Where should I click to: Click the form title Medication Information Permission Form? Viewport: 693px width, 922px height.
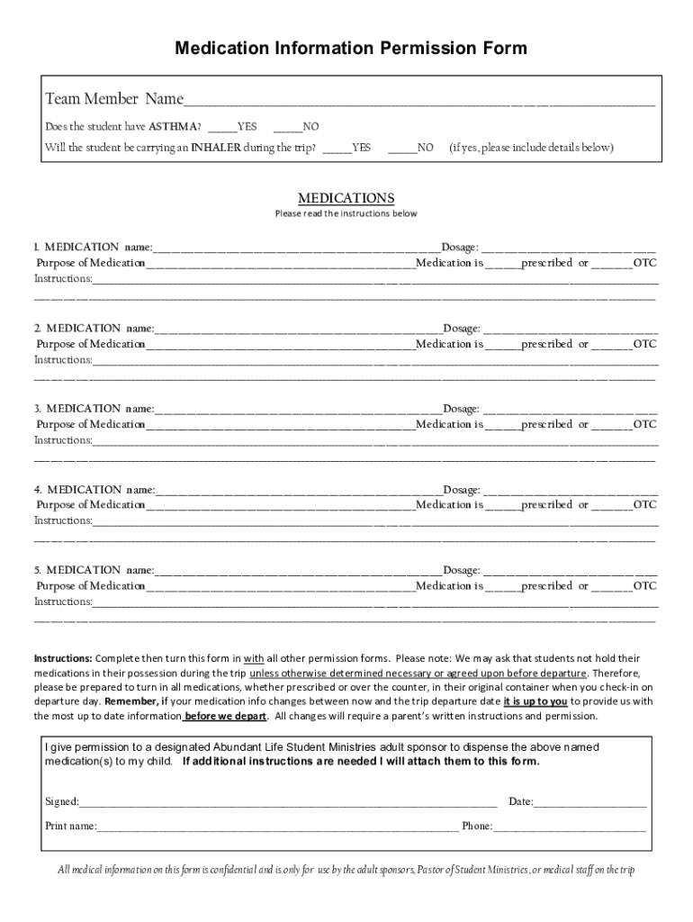pyautogui.click(x=350, y=48)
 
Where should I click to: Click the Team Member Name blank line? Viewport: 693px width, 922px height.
pyautogui.click(x=418, y=101)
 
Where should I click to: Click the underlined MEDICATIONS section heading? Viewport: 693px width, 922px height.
pyautogui.click(x=346, y=198)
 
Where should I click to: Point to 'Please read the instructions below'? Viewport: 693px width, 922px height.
pyautogui.click(x=346, y=214)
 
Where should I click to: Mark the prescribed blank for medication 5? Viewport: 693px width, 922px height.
pyautogui.click(x=505, y=587)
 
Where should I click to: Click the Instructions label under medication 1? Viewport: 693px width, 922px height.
pyautogui.click(x=63, y=279)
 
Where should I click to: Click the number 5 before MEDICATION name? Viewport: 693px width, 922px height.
pyautogui.click(x=38, y=570)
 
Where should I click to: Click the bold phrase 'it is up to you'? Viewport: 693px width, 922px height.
pyautogui.click(x=535, y=701)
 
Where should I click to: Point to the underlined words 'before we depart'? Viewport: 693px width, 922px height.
pyautogui.click(x=225, y=717)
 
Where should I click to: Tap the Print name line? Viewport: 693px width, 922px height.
pyautogui.click(x=278, y=827)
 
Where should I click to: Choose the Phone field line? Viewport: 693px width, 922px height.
pyautogui.click(x=569, y=827)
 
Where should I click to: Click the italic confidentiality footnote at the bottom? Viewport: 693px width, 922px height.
pyautogui.click(x=346, y=870)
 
